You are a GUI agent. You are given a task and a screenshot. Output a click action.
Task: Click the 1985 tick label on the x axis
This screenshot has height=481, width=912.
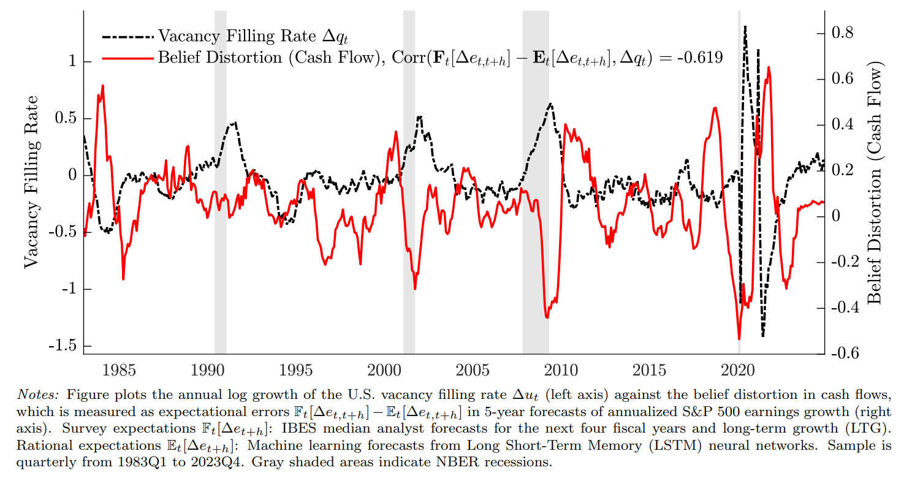pyautogui.click(x=119, y=370)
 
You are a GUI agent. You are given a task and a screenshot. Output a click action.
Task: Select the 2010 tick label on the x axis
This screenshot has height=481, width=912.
pyautogui.click(x=561, y=370)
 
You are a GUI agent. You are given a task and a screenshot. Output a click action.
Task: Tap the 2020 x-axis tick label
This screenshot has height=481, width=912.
pyautogui.click(x=739, y=370)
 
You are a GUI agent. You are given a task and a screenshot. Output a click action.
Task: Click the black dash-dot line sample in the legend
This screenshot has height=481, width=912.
pyautogui.click(x=127, y=36)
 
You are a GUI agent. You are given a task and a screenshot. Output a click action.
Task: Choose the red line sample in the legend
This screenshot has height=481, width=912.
pyautogui.click(x=127, y=58)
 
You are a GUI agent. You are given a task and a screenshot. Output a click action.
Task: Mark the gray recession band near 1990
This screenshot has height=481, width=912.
pyautogui.click(x=221, y=184)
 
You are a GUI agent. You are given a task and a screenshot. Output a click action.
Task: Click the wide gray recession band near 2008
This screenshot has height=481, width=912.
pyautogui.click(x=536, y=184)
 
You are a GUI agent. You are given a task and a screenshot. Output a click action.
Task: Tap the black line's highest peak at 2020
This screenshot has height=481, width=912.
pyautogui.click(x=745, y=26)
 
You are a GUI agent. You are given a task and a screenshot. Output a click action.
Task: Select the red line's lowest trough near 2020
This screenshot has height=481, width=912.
pyautogui.click(x=739, y=339)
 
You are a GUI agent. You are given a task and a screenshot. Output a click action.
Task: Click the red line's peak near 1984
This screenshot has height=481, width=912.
pyautogui.click(x=102, y=86)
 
